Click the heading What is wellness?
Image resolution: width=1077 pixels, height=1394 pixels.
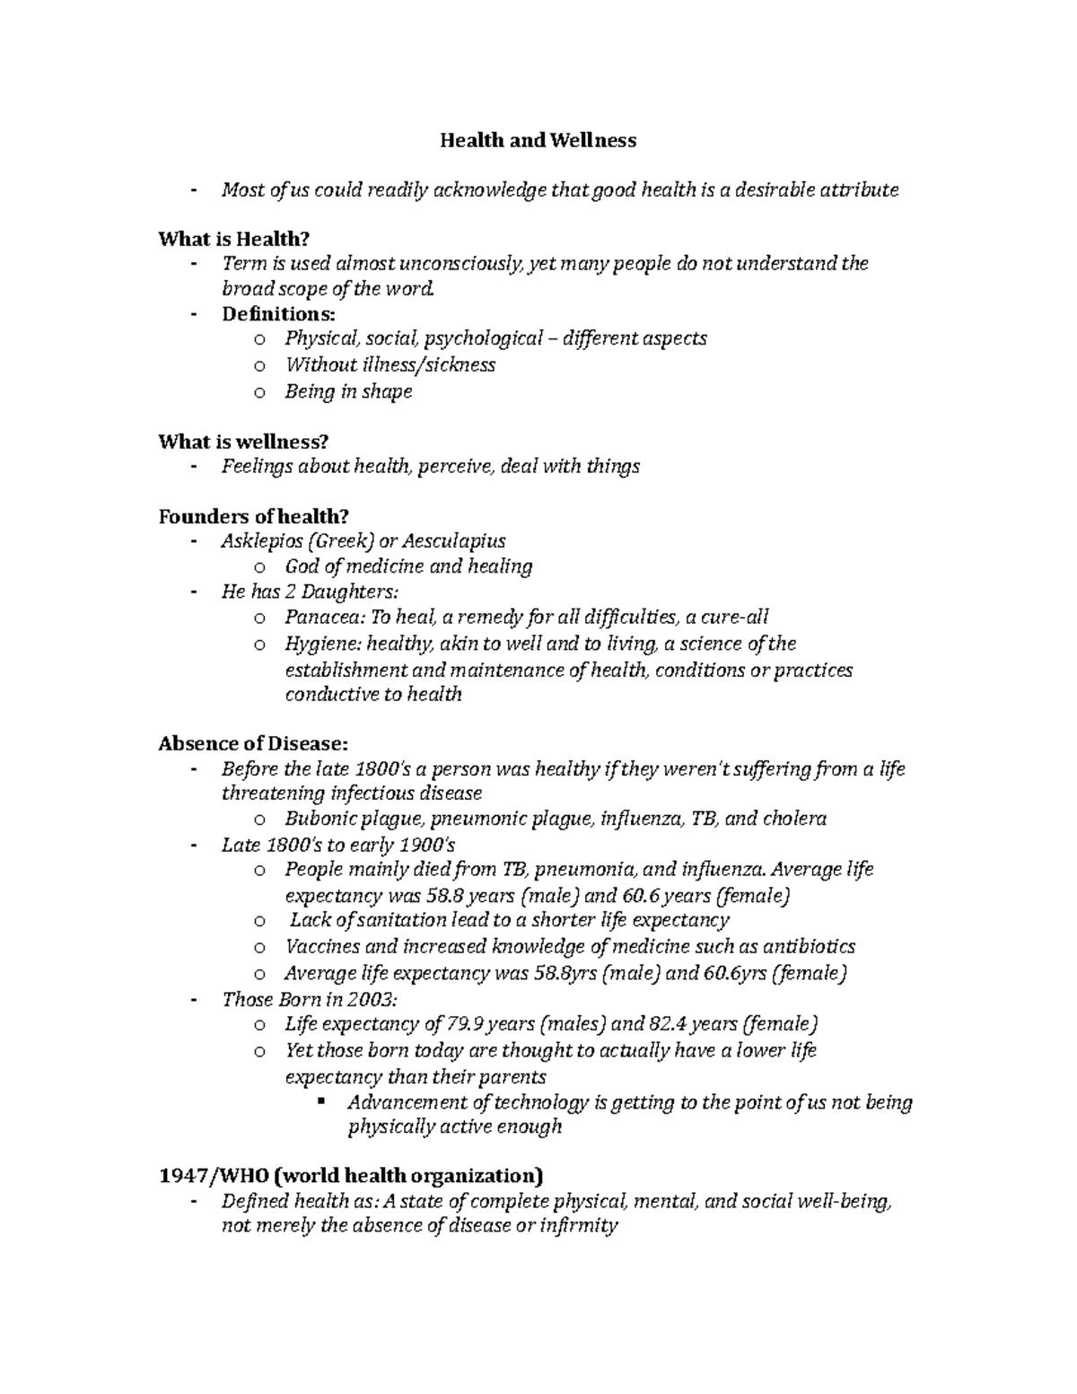tap(243, 442)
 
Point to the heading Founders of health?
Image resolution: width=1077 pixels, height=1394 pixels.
tap(252, 516)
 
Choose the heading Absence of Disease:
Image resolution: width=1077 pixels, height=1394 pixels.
tap(251, 744)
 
